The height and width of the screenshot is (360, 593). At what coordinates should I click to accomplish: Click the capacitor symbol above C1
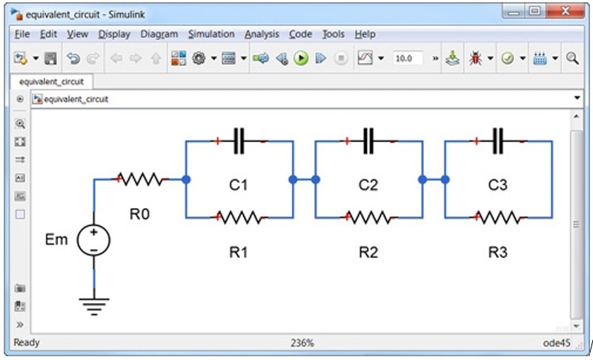(239, 141)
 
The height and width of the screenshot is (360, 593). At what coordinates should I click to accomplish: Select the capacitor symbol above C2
(368, 141)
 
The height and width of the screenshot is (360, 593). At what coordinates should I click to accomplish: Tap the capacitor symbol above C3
(498, 141)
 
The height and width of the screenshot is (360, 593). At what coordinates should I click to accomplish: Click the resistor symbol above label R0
(140, 179)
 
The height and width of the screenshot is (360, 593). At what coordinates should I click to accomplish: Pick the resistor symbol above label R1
(239, 218)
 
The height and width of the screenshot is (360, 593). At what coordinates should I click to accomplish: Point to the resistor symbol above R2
(368, 218)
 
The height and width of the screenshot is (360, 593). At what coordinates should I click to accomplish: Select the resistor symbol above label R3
(498, 218)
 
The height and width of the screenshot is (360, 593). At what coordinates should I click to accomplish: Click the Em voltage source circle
(94, 240)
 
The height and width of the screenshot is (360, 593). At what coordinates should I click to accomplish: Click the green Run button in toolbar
(300, 59)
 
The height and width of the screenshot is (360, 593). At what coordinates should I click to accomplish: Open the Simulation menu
(211, 34)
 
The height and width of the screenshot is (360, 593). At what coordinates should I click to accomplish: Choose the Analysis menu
(262, 34)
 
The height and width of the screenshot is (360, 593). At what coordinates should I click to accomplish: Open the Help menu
(365, 34)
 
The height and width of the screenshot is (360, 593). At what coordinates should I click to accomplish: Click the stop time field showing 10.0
(406, 59)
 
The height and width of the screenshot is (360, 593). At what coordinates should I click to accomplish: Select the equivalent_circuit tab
(51, 81)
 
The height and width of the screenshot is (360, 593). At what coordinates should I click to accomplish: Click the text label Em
(56, 240)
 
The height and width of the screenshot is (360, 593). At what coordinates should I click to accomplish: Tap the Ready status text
(27, 343)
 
